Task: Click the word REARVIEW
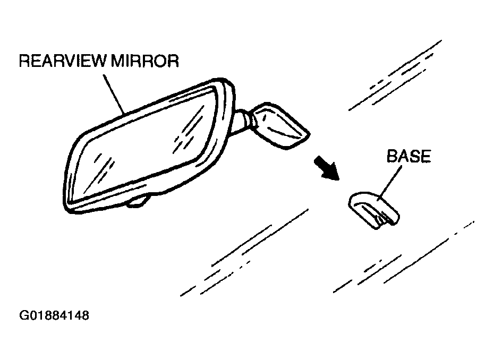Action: [x=63, y=62]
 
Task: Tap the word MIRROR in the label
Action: [x=144, y=62]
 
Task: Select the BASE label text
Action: [x=408, y=157]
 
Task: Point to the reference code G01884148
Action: [x=54, y=316]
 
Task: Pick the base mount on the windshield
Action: [x=373, y=210]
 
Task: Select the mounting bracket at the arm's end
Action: [x=281, y=125]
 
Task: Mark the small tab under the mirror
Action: [x=139, y=201]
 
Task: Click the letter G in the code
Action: [x=23, y=316]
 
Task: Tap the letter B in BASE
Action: [x=392, y=157]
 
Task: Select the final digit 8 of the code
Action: [x=84, y=316]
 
